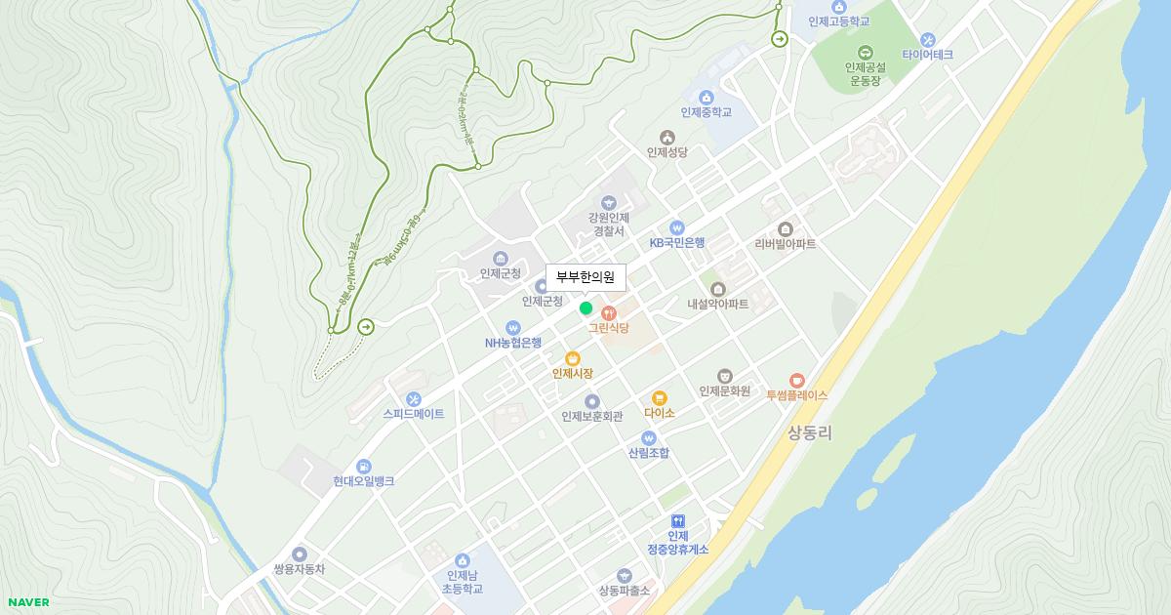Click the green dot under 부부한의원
[585, 308]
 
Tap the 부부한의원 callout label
[585, 277]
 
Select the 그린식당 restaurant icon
[609, 313]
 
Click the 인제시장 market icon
[573, 358]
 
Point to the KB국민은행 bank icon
[677, 227]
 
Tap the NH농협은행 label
[513, 343]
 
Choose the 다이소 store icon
[659, 397]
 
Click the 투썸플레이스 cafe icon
[796, 380]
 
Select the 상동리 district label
[809, 431]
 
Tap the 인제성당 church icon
[666, 138]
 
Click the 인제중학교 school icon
[706, 97]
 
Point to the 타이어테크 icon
[927, 40]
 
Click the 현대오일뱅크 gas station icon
[363, 467]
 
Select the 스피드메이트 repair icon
[413, 398]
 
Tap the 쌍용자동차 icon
[299, 553]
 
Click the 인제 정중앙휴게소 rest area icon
[677, 521]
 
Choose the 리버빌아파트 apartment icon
[785, 228]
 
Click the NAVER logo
[28, 602]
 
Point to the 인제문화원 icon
[724, 376]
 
